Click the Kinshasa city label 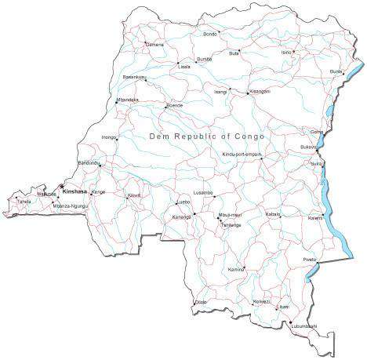pos(76,190)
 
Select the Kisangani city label pos(260,92)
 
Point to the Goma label pos(316,131)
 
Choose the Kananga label pos(182,216)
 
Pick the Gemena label pos(154,45)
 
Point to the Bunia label pos(336,71)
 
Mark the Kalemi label pos(315,217)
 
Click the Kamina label pos(236,269)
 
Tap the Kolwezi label pos(261,301)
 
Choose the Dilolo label pos(200,302)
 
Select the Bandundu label pos(89,162)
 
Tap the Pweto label pos(309,259)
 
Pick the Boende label pos(175,104)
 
